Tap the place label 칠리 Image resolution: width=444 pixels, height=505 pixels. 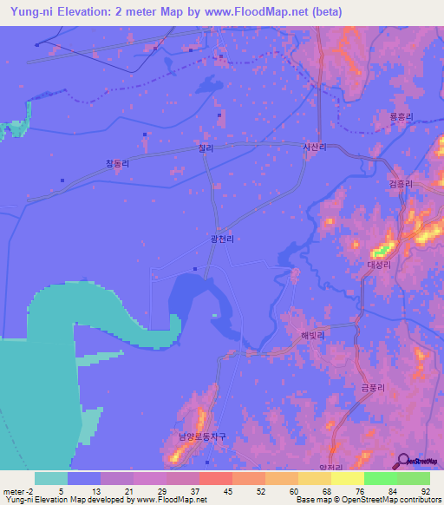[x=206, y=149]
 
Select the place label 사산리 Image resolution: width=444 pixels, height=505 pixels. [x=314, y=148]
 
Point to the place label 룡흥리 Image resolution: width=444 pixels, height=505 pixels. [x=401, y=117]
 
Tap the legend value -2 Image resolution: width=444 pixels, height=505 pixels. [x=23, y=490]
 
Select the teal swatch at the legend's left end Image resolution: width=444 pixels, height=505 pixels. [x=51, y=477]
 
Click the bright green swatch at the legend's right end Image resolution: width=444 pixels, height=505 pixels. [x=414, y=477]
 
